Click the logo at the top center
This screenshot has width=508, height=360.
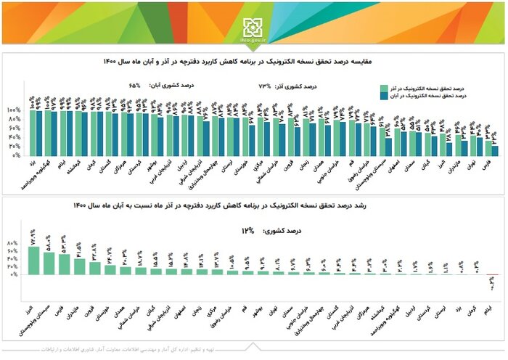click(253, 27)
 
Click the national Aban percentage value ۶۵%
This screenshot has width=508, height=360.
click(135, 84)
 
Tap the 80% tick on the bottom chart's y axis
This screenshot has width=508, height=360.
click(14, 242)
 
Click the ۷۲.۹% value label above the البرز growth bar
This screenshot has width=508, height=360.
click(33, 237)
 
